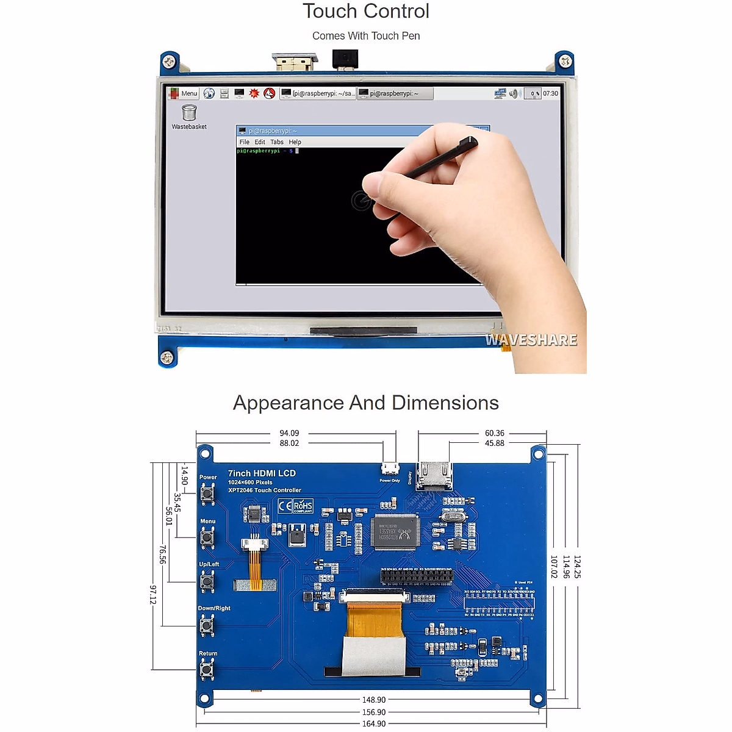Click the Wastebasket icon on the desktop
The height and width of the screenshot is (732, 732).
tap(189, 113)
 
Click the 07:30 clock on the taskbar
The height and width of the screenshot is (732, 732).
tap(550, 93)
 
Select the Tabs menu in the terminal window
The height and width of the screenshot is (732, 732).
tap(277, 142)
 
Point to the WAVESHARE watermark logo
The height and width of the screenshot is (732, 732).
tap(531, 340)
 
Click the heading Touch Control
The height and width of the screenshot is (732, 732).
tap(366, 11)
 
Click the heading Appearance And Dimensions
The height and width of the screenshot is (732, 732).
tap(366, 403)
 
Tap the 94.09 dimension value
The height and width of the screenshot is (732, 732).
tap(289, 433)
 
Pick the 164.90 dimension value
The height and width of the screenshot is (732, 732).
tap(374, 723)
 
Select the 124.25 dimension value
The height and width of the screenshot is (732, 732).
tap(577, 567)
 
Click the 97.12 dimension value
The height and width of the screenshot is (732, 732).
tap(153, 594)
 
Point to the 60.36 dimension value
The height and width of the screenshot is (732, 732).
tap(495, 433)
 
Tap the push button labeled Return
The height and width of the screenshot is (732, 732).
tap(207, 670)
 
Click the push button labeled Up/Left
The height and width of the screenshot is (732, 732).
tap(207, 581)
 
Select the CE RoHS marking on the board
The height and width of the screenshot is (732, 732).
tap(295, 506)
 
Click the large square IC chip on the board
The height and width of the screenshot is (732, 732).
tap(396, 531)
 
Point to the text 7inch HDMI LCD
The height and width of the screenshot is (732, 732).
tap(262, 473)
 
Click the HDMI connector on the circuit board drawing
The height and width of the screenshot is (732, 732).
tap(434, 475)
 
